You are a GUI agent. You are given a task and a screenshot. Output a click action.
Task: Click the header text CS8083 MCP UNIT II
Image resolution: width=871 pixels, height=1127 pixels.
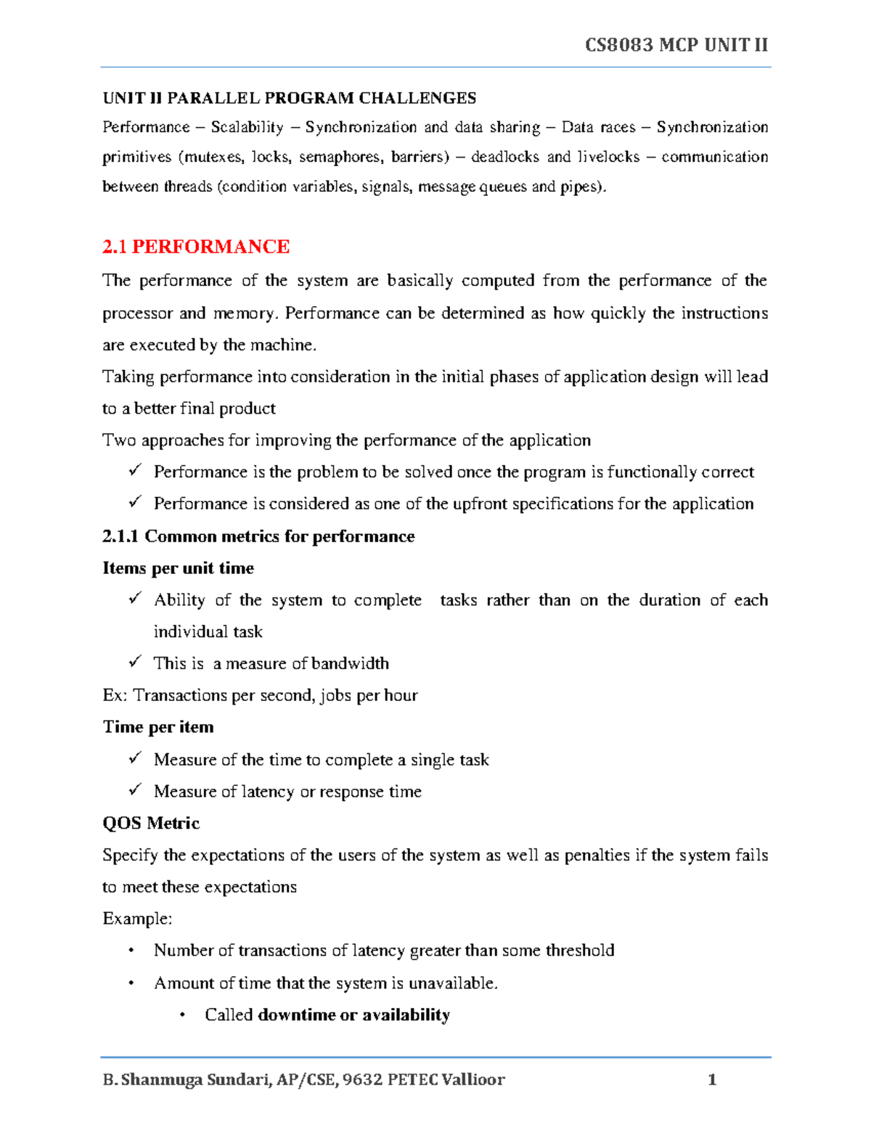(676, 45)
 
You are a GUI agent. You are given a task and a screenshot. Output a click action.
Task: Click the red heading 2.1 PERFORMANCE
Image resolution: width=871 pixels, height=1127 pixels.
(196, 247)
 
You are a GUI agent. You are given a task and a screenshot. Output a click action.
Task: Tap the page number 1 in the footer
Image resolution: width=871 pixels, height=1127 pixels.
(712, 1079)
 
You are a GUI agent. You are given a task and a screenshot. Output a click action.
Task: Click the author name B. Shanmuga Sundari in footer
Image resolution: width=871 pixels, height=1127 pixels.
(187, 1079)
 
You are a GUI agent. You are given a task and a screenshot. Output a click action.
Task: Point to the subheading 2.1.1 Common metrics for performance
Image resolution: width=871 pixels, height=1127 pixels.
(258, 536)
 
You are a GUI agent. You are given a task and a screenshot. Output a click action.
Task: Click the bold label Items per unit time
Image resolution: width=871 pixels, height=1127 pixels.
(178, 568)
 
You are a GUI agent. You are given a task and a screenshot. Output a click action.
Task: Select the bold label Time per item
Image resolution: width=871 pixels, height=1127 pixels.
(158, 727)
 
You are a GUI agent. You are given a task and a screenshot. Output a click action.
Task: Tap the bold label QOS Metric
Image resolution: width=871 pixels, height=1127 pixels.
(151, 823)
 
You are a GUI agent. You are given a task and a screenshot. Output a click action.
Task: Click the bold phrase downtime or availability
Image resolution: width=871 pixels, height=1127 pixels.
(353, 1015)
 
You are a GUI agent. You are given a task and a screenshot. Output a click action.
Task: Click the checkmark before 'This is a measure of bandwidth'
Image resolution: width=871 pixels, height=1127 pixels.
(135, 662)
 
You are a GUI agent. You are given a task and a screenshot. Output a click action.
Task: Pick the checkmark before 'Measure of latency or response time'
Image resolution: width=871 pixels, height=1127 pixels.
(135, 790)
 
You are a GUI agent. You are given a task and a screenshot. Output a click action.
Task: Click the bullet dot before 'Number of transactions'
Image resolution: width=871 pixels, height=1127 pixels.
(131, 951)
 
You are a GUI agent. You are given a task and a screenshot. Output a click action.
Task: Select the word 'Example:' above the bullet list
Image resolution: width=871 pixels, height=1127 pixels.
(137, 919)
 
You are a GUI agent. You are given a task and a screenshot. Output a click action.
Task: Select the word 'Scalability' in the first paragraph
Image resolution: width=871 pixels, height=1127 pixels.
(247, 128)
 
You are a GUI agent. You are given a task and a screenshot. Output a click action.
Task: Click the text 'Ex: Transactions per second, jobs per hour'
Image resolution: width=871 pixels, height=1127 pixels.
(260, 695)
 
